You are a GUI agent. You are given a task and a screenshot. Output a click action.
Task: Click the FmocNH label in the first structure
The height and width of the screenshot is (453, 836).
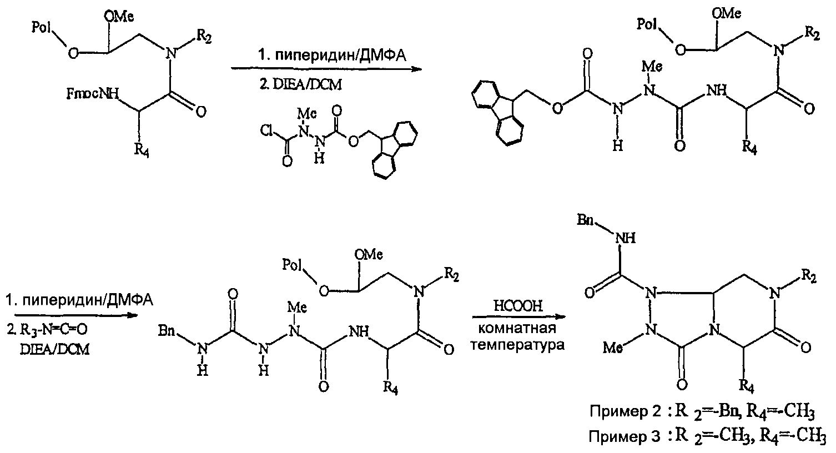tap(92, 93)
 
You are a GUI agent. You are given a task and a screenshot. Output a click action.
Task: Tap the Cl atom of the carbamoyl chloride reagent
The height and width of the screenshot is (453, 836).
tap(268, 130)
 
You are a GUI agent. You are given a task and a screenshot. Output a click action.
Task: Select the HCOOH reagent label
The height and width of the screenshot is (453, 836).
tap(518, 306)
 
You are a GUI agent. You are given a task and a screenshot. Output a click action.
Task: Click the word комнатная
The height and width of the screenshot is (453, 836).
tap(517, 329)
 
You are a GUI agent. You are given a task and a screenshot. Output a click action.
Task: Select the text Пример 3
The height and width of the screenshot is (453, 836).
tap(625, 436)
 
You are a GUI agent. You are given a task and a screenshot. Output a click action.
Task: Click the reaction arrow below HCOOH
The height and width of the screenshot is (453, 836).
tap(519, 317)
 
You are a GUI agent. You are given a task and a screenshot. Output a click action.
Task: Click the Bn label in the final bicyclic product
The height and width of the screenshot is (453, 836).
tap(585, 220)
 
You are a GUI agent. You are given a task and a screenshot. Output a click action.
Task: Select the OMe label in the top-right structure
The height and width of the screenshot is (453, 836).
tap(726, 14)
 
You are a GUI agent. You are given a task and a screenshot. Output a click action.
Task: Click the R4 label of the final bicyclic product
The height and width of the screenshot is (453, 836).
tap(747, 387)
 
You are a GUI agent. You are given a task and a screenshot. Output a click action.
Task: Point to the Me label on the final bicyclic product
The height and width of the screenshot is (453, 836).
tap(612, 348)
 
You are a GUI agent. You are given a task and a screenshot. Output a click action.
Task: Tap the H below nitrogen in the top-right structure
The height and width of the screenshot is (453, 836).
tap(618, 145)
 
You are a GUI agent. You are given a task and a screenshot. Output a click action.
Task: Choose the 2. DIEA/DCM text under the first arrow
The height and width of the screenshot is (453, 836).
tap(300, 85)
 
